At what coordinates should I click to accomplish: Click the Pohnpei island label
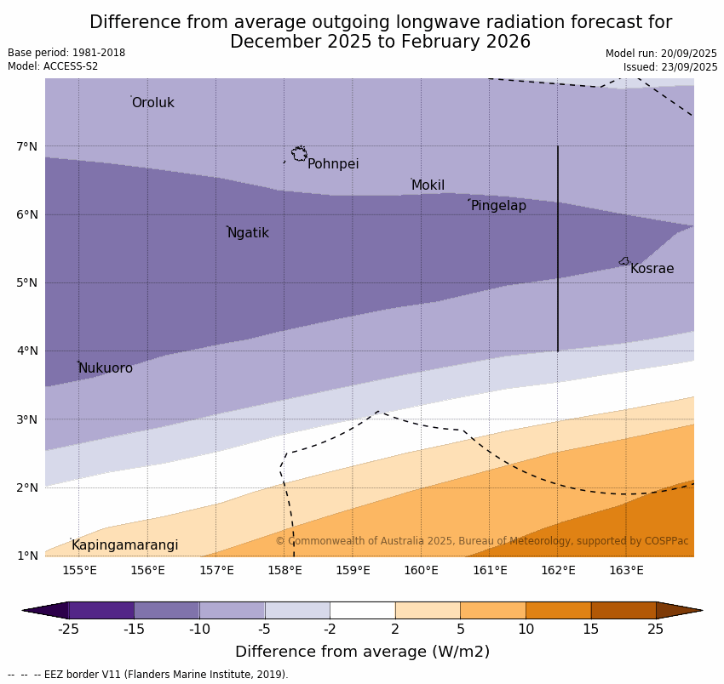332,164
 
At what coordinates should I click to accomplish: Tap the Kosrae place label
652,269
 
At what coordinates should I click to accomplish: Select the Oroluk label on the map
152,103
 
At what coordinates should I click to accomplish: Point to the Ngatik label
248,233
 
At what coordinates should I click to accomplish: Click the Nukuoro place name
106,368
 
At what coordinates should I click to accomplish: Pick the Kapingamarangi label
124,545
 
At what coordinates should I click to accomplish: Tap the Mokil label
428,185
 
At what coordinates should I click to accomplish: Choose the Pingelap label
498,206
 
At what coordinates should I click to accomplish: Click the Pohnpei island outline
299,154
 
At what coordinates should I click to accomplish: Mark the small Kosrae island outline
624,261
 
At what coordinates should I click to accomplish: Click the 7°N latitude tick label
27,147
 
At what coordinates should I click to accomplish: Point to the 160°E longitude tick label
421,570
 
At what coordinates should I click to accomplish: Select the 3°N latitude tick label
27,419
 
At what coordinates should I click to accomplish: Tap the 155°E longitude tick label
79,570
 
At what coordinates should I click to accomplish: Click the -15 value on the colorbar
134,630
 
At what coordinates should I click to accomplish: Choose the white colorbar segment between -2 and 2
362,610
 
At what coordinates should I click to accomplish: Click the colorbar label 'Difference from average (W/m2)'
362,652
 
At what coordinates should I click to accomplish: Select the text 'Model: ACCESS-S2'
53,66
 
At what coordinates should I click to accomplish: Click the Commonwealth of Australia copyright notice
481,541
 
